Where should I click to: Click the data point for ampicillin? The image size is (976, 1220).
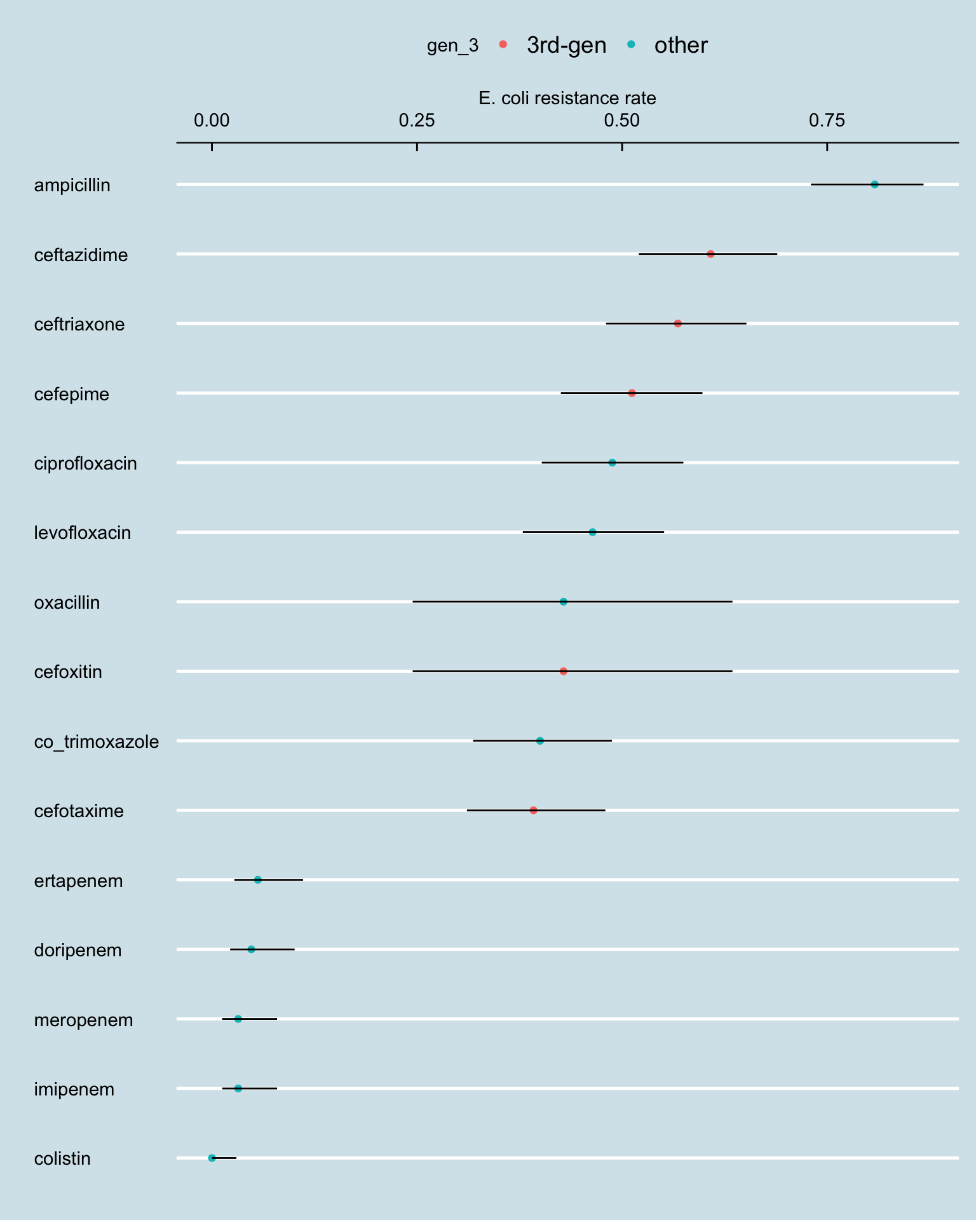pyautogui.click(x=874, y=184)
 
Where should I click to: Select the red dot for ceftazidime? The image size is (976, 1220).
pyautogui.click(x=710, y=254)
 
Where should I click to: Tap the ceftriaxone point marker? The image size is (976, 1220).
pyautogui.click(x=677, y=323)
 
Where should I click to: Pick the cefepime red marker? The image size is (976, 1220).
pyautogui.click(x=632, y=393)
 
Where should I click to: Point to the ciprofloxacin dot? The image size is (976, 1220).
pyautogui.click(x=612, y=463)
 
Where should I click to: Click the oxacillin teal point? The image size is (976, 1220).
pyautogui.click(x=563, y=602)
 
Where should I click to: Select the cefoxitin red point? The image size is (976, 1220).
pyautogui.click(x=563, y=671)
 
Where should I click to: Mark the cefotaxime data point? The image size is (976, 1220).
pyautogui.click(x=533, y=810)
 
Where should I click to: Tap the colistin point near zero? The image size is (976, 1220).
pyautogui.click(x=212, y=1158)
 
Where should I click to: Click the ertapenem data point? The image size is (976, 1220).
pyautogui.click(x=257, y=879)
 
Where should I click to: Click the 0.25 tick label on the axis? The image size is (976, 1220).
pyautogui.click(x=417, y=120)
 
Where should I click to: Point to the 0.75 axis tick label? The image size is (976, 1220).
pyautogui.click(x=827, y=120)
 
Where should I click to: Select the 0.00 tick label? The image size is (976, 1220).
pyautogui.click(x=212, y=120)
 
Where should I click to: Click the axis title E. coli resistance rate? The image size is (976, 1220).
pyautogui.click(x=567, y=98)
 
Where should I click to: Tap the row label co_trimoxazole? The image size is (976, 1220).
pyautogui.click(x=97, y=742)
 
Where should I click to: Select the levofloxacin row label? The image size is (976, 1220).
pyautogui.click(x=83, y=532)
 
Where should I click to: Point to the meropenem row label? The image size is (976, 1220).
pyautogui.click(x=83, y=1020)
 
